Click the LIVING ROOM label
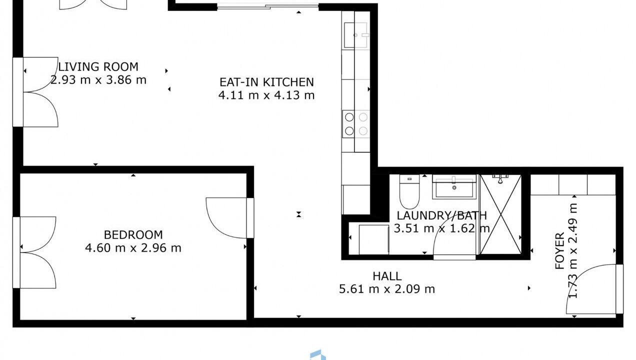click(98, 67)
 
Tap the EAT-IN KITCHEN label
click(266, 82)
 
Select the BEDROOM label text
click(133, 235)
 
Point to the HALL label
click(387, 276)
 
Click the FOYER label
click(559, 251)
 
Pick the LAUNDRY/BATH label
click(442, 216)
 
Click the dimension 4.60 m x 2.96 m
click(133, 248)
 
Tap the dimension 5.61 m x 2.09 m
click(387, 289)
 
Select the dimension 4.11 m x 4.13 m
click(266, 95)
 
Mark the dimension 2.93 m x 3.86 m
click(98, 80)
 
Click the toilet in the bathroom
click(409, 191)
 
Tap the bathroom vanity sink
click(454, 186)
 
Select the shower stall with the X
click(500, 214)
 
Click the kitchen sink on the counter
click(356, 35)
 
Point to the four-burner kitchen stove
click(356, 124)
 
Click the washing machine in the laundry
click(374, 239)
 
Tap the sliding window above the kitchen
click(267, 6)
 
